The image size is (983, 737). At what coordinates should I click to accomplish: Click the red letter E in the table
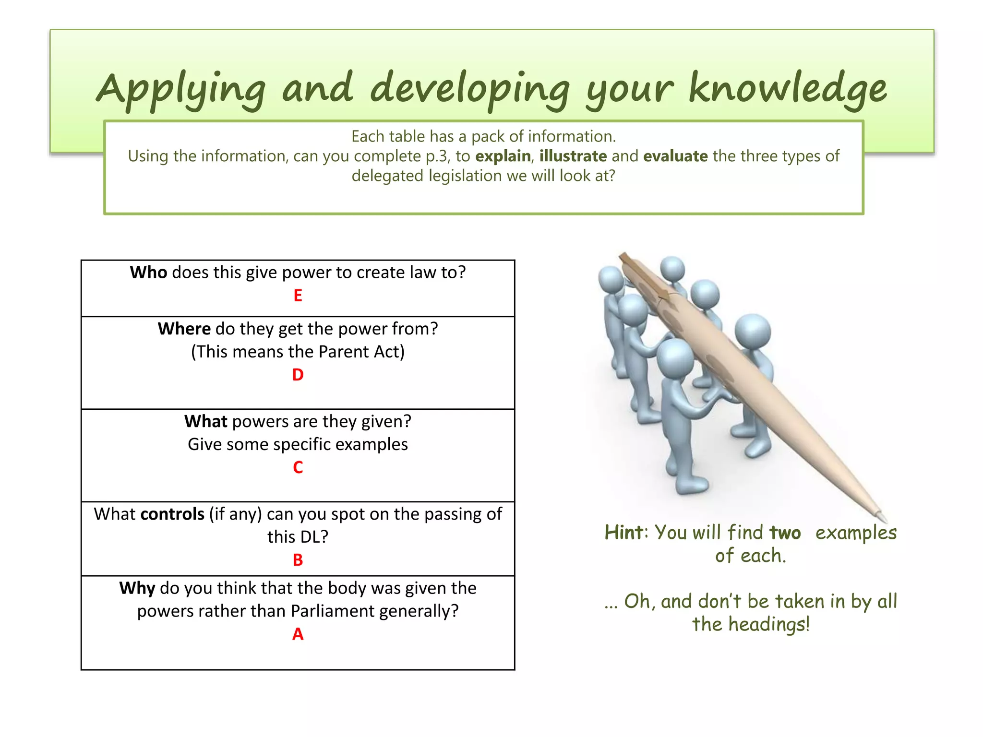(298, 296)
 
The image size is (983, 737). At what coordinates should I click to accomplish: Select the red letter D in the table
(298, 375)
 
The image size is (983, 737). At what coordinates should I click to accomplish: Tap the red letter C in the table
(298, 467)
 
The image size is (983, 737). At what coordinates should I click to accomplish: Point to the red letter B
(298, 560)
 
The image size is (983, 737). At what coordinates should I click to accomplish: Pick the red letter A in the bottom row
(298, 634)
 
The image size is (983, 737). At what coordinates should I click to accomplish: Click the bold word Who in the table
(148, 273)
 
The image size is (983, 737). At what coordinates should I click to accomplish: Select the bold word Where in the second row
(184, 329)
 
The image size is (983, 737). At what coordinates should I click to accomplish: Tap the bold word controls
(172, 514)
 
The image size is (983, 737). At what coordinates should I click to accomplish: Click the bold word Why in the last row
(137, 588)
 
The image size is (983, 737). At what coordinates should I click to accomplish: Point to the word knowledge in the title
(787, 89)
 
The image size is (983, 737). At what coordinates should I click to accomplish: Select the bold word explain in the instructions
(503, 156)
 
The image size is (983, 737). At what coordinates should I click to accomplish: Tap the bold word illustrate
(573, 156)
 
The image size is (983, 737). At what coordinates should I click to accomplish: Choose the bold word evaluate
(675, 156)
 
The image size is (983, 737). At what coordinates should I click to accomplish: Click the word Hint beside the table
(623, 533)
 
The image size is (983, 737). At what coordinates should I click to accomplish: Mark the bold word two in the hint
(785, 533)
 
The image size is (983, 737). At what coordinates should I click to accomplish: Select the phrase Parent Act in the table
(361, 352)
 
